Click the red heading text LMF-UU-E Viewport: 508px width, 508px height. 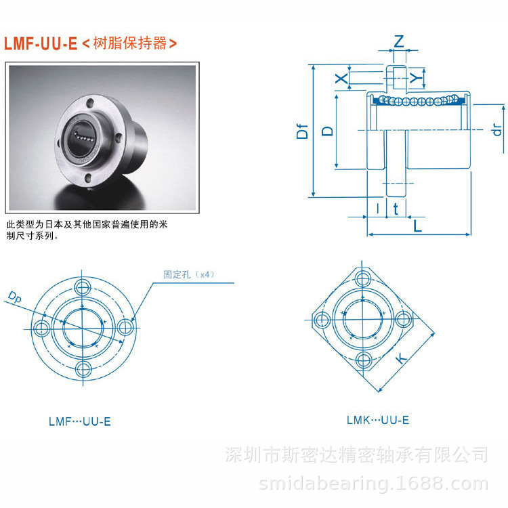coord(41,44)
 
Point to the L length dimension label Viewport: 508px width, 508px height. coord(418,226)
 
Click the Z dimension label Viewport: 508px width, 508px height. coord(399,41)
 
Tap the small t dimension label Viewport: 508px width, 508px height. coord(396,209)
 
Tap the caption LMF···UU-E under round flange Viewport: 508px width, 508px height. coord(79,421)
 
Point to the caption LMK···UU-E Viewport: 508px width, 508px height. coord(377,420)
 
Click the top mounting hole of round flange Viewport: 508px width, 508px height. coord(84,285)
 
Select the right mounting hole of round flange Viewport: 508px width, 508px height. coord(125,327)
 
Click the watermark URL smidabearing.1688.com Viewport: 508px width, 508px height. coord(374,484)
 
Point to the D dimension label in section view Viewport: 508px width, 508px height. coord(327,130)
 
